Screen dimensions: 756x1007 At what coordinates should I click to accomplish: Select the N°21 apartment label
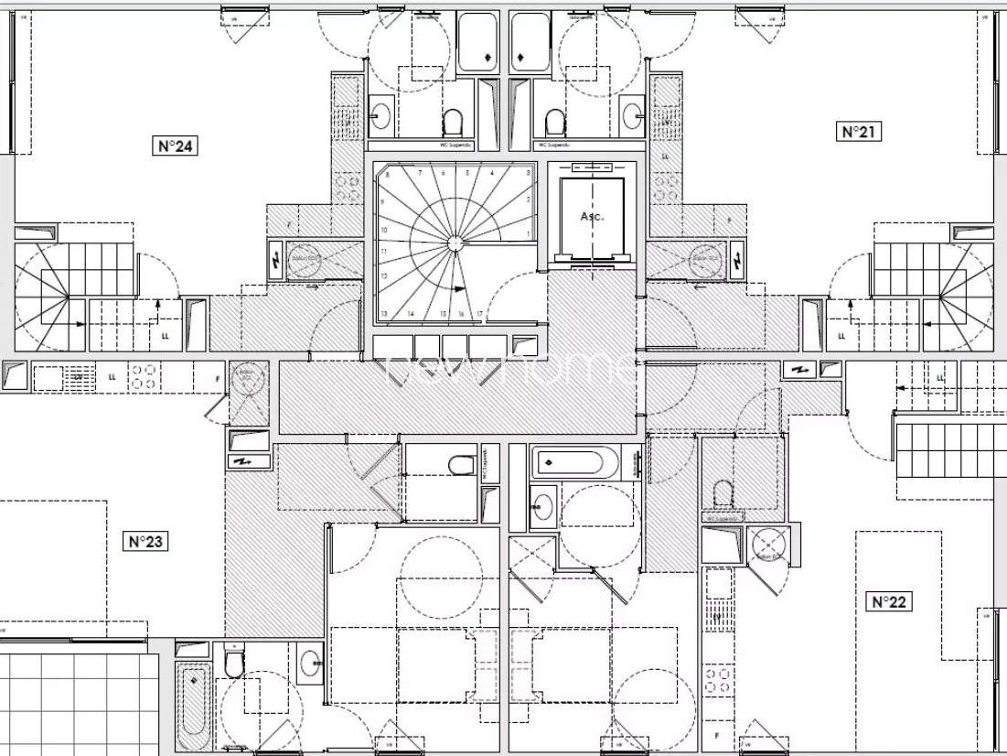tap(859, 132)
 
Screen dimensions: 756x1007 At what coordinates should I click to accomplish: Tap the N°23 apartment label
tap(146, 541)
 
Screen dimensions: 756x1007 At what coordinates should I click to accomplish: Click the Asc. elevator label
tap(592, 217)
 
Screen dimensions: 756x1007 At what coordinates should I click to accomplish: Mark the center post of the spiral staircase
tap(454, 243)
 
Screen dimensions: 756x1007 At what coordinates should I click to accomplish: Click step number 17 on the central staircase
tap(478, 314)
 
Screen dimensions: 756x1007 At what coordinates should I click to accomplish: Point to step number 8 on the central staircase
tap(387, 174)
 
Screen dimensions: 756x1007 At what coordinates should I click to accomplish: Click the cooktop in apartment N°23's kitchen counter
tap(142, 376)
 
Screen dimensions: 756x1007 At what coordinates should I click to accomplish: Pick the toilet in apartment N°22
tap(723, 495)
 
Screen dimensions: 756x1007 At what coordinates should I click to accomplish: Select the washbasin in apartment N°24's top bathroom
tap(380, 117)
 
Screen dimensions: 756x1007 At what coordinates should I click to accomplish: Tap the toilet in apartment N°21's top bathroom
tap(554, 120)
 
